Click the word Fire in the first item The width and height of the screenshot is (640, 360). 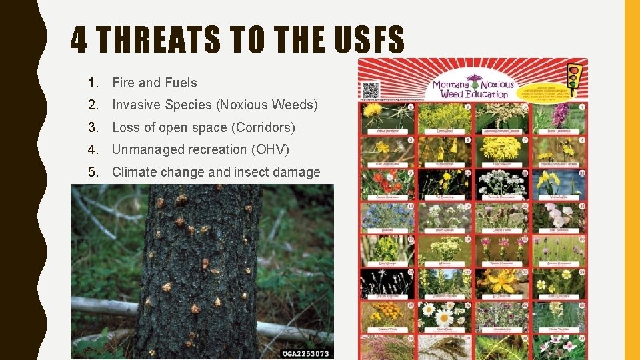pos(123,83)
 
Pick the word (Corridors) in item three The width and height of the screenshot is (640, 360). pos(263,127)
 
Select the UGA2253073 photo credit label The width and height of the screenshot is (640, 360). pos(304,353)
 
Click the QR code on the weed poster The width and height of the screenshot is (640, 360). pos(370,91)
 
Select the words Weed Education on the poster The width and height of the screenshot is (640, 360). pos(473,93)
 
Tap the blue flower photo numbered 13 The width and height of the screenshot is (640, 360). pos(387,217)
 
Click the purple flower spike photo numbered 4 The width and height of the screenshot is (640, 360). pos(559,118)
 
